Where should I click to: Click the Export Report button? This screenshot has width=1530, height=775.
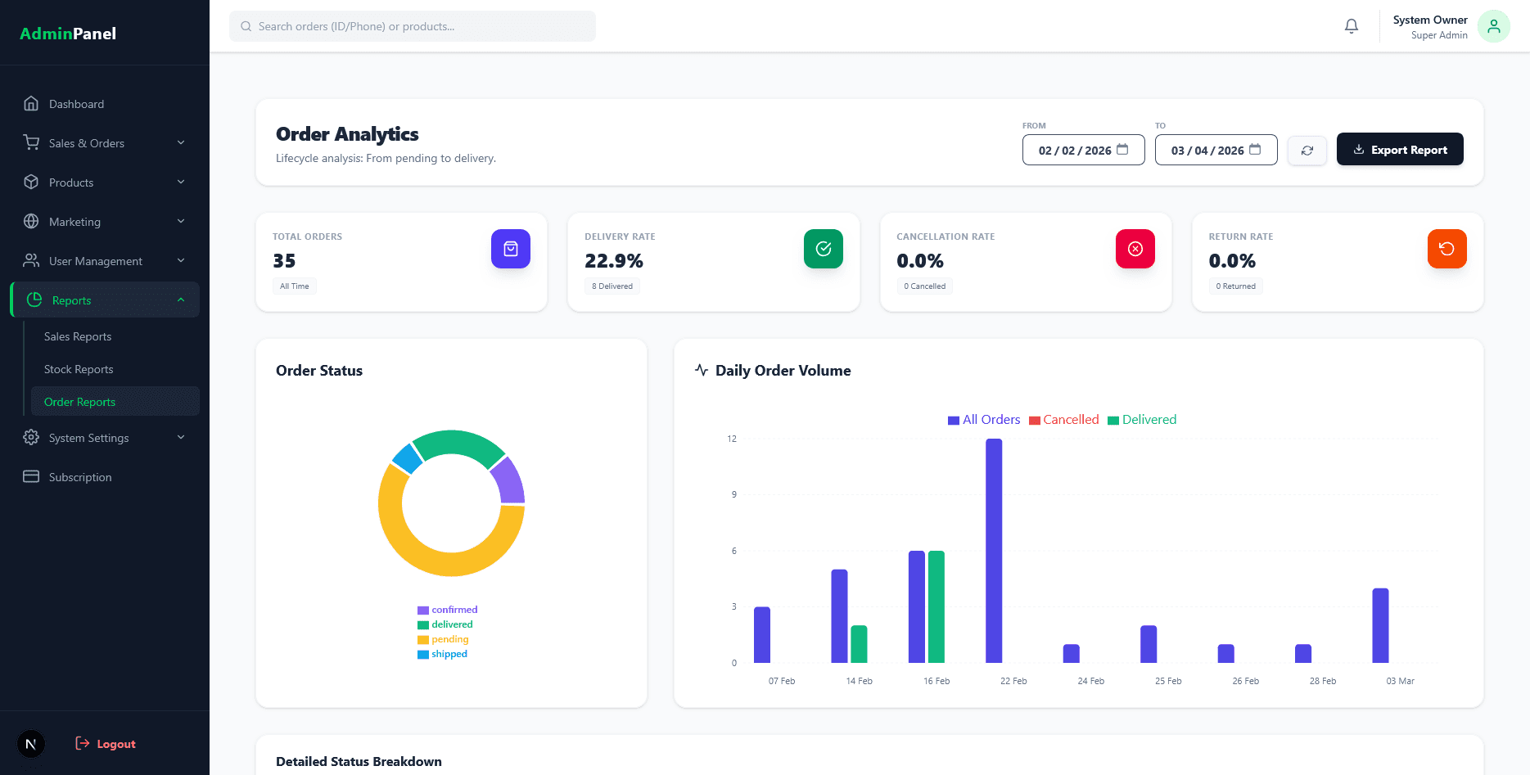1399,150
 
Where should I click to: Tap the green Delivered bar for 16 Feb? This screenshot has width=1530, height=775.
937,606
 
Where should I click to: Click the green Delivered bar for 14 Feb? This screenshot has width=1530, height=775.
859,644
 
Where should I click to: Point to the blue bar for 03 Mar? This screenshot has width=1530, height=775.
1380,625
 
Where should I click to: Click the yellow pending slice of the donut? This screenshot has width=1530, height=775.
426,556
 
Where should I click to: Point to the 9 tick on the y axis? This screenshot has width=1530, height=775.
734,494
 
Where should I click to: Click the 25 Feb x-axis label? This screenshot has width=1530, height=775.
1168,681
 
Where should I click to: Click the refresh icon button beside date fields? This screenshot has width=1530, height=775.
1307,151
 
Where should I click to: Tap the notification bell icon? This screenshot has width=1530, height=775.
1352,26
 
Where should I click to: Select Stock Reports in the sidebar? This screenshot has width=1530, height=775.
79,369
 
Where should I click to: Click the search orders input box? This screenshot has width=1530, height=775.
413,26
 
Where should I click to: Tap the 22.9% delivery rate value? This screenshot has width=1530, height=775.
613,261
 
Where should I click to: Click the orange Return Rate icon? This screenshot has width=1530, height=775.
1447,249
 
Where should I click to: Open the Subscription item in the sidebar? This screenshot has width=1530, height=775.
80,477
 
